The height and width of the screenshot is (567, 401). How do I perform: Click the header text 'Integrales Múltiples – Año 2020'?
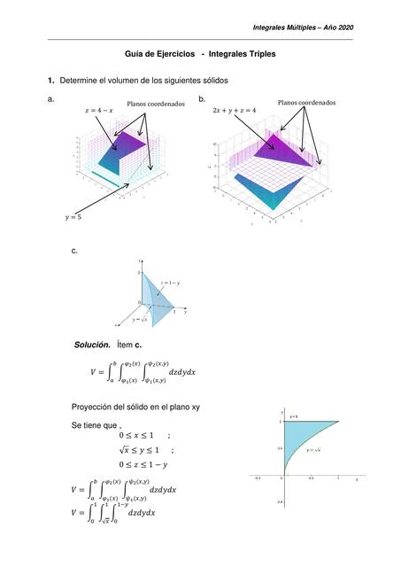click(x=303, y=27)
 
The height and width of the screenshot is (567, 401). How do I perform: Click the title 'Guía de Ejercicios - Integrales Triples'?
click(x=199, y=54)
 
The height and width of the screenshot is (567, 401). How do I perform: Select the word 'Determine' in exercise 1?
click(x=79, y=81)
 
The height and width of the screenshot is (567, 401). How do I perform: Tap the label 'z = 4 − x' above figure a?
click(x=98, y=111)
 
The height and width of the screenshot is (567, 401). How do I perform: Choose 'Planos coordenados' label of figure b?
click(x=306, y=103)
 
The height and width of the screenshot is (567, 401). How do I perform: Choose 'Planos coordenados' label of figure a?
click(x=156, y=104)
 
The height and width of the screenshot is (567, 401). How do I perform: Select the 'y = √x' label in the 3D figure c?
click(x=141, y=319)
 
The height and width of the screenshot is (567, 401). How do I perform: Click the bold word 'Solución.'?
click(x=92, y=343)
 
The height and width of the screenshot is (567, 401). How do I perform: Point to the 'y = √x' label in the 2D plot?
click(x=313, y=451)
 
